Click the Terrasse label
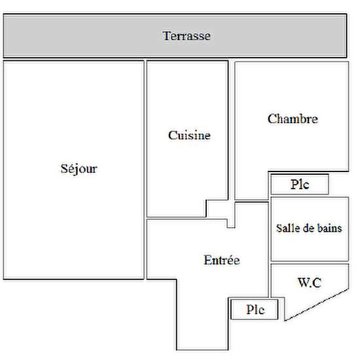tap(187, 36)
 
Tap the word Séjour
tap(79, 169)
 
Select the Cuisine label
tap(189, 135)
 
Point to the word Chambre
tap(293, 118)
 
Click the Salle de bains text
tap(309, 228)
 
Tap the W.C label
tap(310, 283)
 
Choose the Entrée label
tap(222, 260)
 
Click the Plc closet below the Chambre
tap(300, 185)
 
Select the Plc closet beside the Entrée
tap(255, 309)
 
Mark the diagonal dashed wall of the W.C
tap(317, 304)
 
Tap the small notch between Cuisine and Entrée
tap(231, 223)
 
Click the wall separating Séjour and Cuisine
tap(145, 170)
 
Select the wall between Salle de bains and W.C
tap(310, 262)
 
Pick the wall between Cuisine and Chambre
tap(232, 130)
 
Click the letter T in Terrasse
tap(166, 36)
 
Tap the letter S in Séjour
tap(64, 169)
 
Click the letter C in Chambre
tap(272, 119)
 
